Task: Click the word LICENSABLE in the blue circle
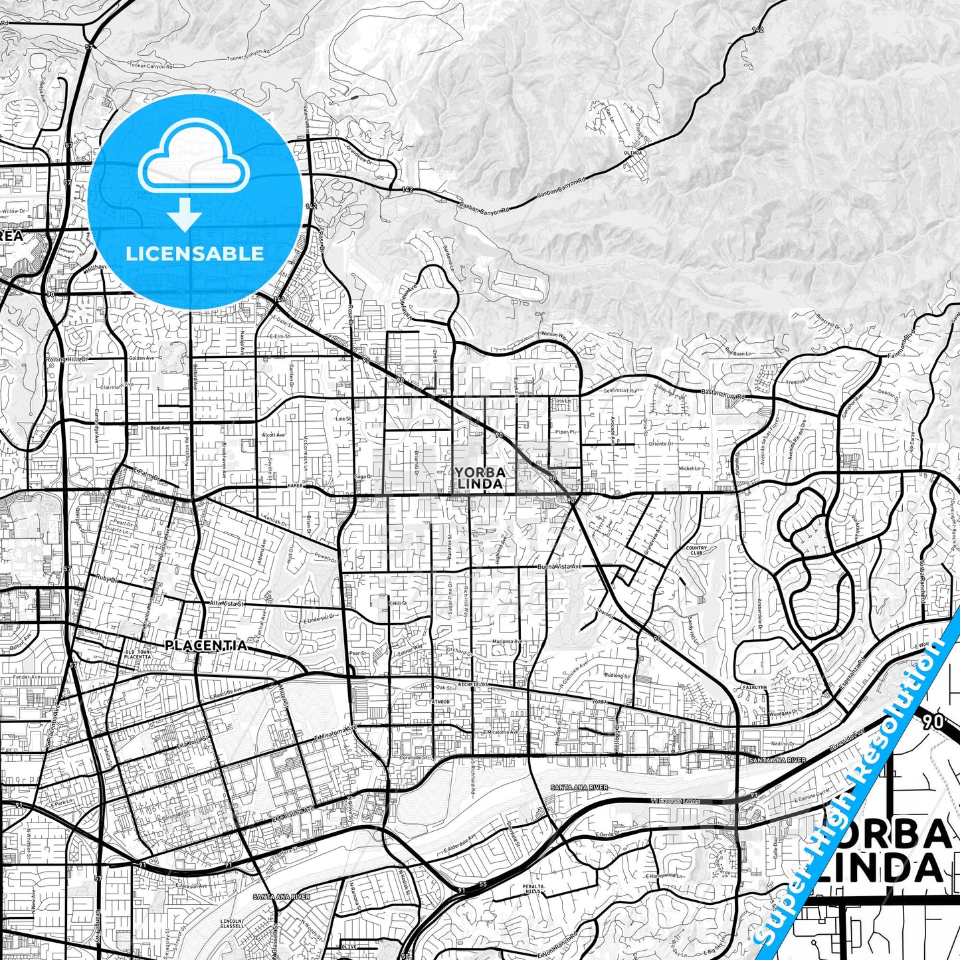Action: click(194, 254)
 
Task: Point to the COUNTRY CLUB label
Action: click(696, 551)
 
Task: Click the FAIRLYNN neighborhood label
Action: click(749, 688)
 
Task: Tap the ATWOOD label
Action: click(440, 702)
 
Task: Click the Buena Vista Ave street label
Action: click(559, 567)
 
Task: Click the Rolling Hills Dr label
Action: click(66, 359)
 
